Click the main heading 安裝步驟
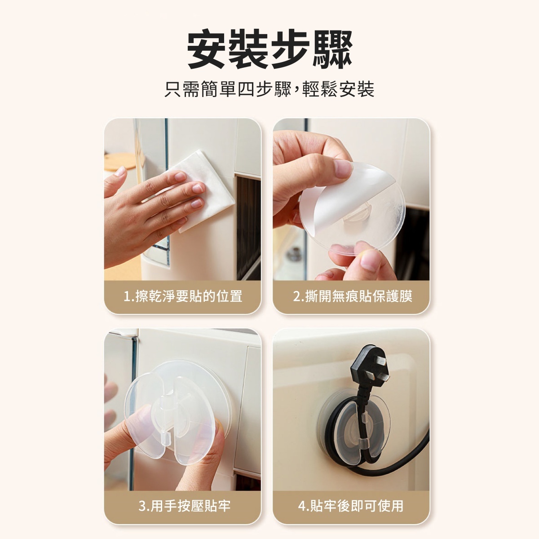point(269,49)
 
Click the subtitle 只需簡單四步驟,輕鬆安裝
point(269,89)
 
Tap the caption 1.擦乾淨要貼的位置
point(183,296)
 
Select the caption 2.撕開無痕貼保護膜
point(353,296)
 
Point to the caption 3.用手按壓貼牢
point(185,506)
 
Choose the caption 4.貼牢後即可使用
point(351,506)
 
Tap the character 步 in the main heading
point(290,49)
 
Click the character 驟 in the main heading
point(332,49)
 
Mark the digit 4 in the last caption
point(302,506)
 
